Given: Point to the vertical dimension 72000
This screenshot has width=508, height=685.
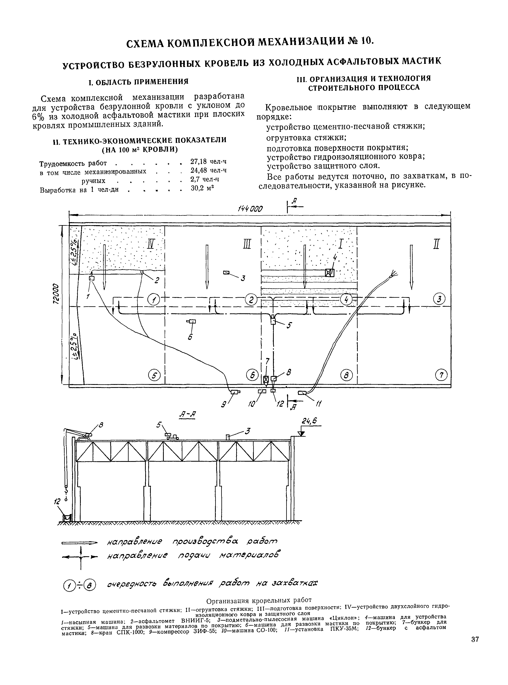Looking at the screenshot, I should pyautogui.click(x=56, y=294).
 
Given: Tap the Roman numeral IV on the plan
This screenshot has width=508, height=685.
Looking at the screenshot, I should pyautogui.click(x=151, y=244).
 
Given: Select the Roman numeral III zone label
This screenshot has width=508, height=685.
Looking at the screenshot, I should pyautogui.click(x=248, y=244).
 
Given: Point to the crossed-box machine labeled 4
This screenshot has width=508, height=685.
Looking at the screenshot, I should pyautogui.click(x=329, y=272).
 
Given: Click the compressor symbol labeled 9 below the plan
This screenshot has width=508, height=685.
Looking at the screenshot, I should pyautogui.click(x=236, y=392).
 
